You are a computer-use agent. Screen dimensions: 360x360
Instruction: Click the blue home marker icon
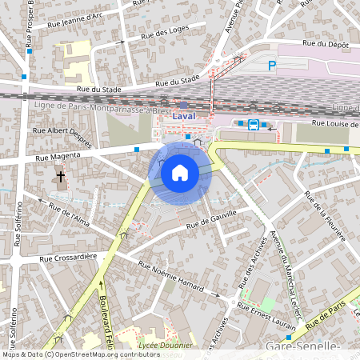click(180, 172)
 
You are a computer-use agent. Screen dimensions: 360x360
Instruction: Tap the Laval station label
click(186, 117)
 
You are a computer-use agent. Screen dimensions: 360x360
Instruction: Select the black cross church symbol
click(60, 176)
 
